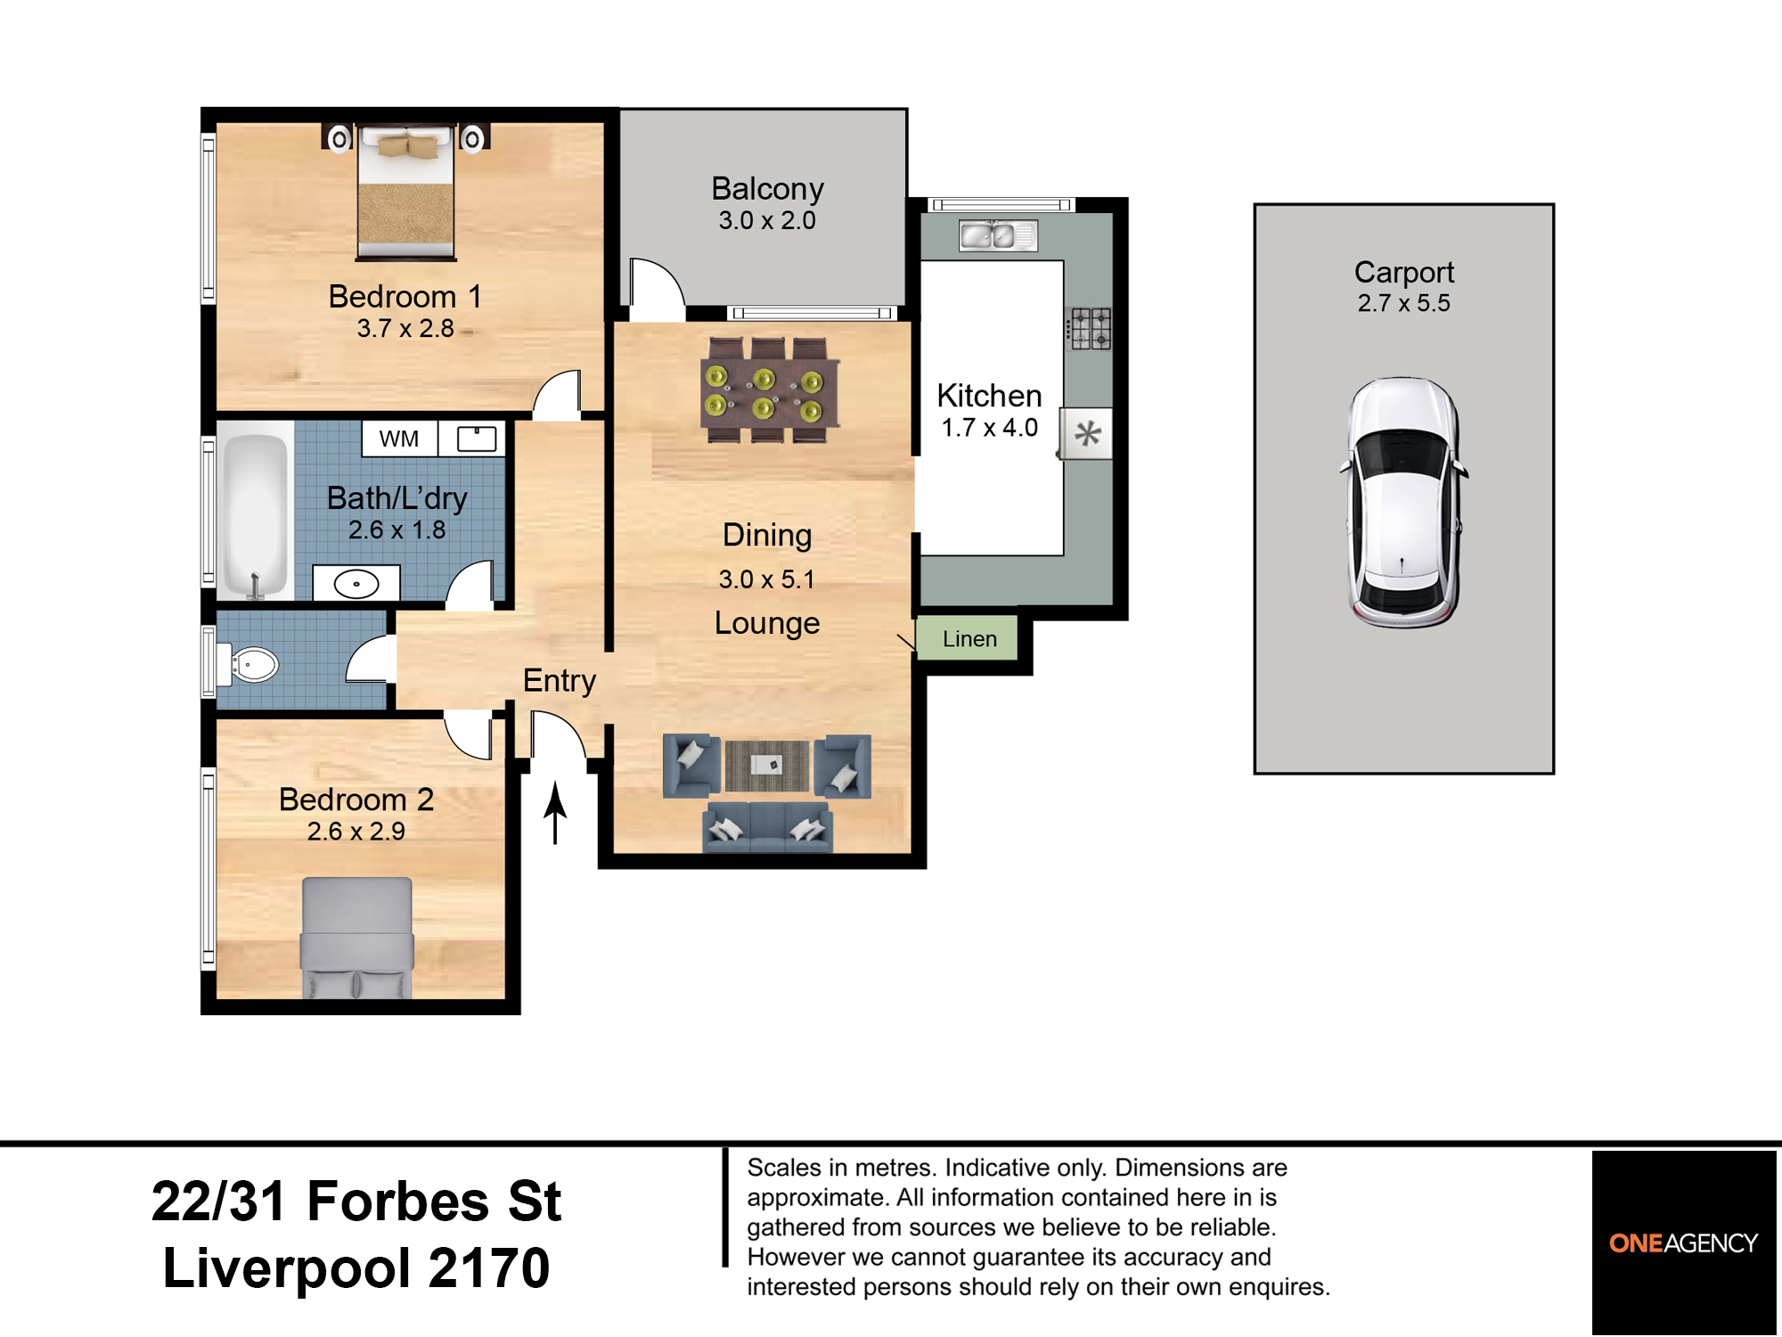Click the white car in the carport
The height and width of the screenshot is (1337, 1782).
tap(1403, 502)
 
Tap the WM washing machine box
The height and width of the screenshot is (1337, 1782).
tap(399, 439)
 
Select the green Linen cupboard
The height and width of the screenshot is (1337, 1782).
tap(969, 638)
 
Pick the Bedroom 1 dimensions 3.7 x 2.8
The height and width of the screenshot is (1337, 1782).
tap(405, 329)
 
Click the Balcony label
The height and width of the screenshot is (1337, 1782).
tap(767, 189)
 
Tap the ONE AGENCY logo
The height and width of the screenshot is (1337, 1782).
tap(1683, 1243)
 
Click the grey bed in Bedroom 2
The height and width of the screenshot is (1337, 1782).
tap(357, 936)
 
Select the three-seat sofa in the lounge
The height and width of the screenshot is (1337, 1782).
tap(768, 827)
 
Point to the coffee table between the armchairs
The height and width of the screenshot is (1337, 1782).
tap(767, 765)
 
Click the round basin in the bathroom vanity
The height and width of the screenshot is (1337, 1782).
tap(356, 584)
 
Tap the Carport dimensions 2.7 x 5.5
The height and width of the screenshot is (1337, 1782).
tap(1403, 303)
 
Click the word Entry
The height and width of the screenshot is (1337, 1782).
tap(559, 680)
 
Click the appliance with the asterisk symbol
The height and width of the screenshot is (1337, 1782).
tap(1087, 434)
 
